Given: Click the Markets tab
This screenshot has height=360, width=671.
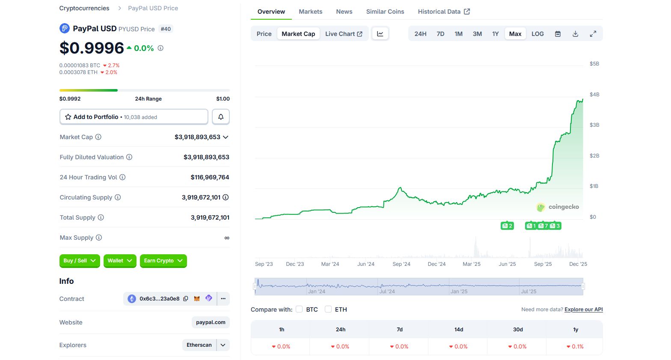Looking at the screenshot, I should click(310, 12).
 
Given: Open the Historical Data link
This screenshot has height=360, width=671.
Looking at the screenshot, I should click(444, 12).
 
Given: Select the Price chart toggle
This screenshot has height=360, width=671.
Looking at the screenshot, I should click(264, 34).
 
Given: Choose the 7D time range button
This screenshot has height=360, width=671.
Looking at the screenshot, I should click(440, 34).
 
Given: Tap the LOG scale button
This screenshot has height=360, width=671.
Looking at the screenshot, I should click(537, 34).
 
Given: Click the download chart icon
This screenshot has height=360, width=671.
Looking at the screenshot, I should click(576, 34).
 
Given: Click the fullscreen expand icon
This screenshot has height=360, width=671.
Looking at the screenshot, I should click(593, 34).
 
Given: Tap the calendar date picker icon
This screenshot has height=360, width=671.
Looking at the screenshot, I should click(558, 34).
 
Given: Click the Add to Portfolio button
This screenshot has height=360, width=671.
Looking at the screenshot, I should click(134, 117).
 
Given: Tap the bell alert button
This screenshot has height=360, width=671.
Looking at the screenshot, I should click(221, 117).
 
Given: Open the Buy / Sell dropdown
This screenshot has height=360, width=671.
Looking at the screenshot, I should click(80, 261).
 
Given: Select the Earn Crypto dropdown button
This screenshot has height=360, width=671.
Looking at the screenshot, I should click(163, 261).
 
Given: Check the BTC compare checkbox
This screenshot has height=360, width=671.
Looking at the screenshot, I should click(299, 309).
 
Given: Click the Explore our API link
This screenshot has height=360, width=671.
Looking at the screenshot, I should click(583, 309).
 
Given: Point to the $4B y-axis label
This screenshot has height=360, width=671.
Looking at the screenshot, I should click(594, 95).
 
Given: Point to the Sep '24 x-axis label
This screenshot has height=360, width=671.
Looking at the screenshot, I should click(401, 264).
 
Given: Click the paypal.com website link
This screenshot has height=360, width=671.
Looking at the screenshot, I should click(211, 322).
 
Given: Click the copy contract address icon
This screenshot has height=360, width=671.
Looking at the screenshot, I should click(186, 299).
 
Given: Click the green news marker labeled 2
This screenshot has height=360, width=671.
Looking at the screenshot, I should click(507, 226).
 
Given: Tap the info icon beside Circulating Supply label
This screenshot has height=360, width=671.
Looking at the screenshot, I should click(118, 197).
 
